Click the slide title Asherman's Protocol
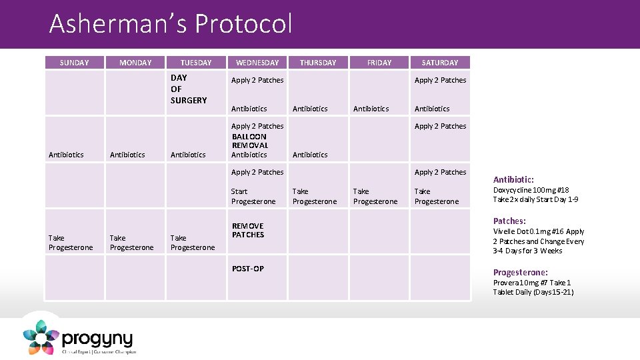pos(171,24)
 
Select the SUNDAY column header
pos(74,63)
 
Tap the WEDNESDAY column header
pos(257,63)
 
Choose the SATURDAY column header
pos(440,63)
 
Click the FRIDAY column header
pos(379,63)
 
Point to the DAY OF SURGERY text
pos(188,89)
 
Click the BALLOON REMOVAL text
pos(250,141)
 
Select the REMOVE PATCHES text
pos(248,230)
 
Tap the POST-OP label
pos(248,269)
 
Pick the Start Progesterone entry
pos(253,196)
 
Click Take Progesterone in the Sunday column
pos(71,243)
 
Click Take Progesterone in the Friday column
pos(375,196)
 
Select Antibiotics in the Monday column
pos(127,155)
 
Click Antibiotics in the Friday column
pos(371,109)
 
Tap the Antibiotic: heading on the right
pos(513,179)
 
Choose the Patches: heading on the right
pos(509,221)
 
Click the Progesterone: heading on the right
pos(520,272)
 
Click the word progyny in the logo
pos(97,338)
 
